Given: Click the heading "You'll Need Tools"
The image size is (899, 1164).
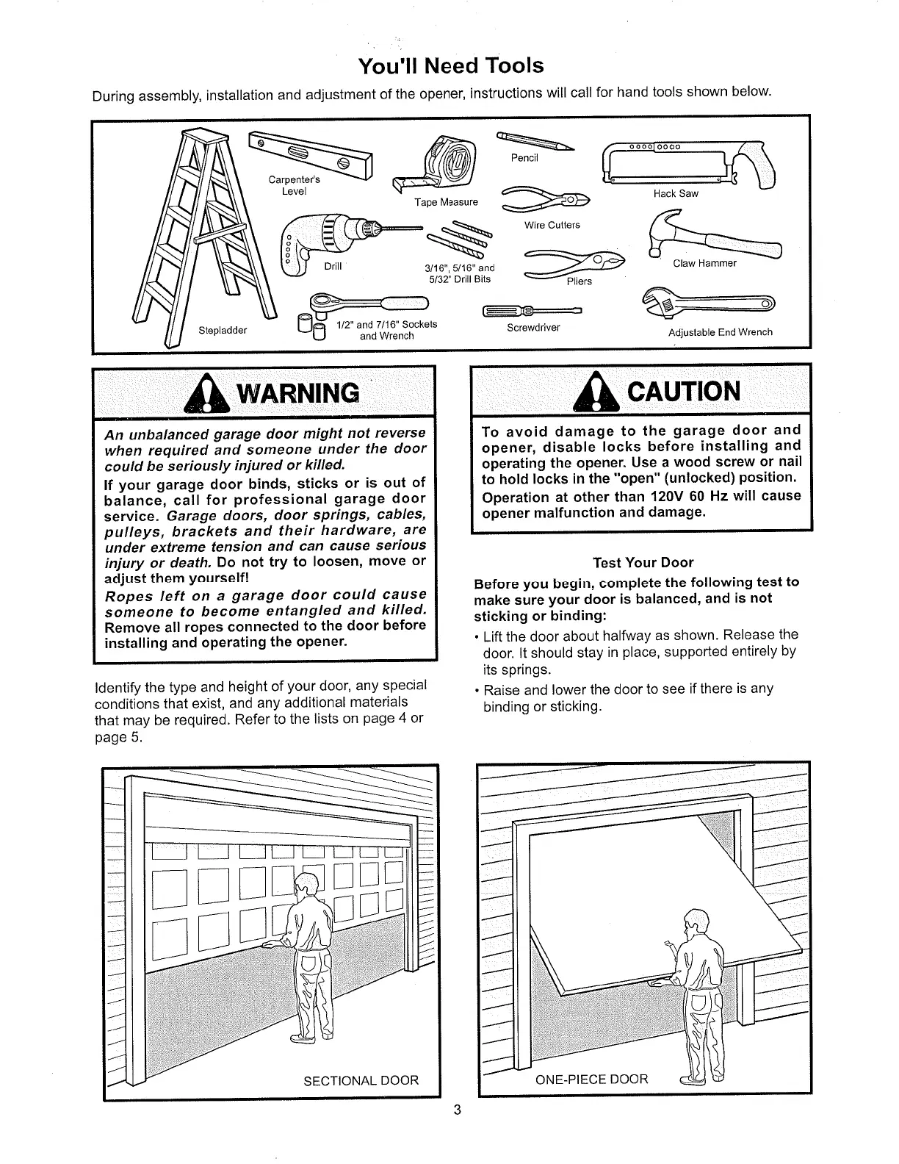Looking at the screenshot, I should (451, 66).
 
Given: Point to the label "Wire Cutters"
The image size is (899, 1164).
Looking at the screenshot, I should (552, 225).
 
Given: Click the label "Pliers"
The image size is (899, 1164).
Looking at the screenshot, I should (579, 281).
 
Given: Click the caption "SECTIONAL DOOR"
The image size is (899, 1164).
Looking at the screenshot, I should (361, 1080).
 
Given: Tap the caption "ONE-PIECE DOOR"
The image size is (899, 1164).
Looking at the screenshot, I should (592, 1079).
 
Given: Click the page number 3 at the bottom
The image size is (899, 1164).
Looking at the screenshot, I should (456, 1110).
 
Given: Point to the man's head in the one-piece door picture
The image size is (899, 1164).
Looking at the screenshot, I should (694, 923).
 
